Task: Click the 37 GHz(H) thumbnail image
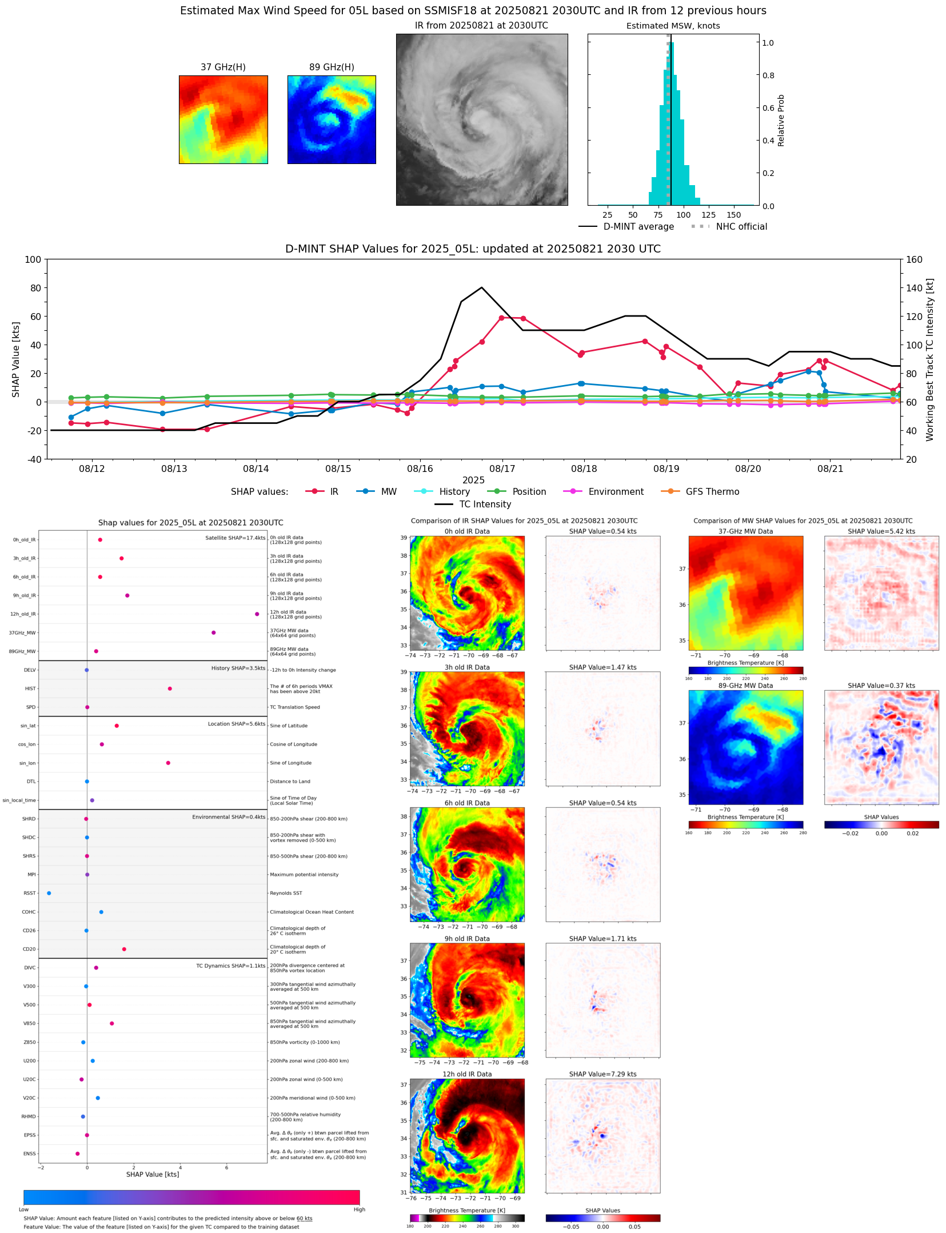(223, 119)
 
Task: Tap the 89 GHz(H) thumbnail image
(332, 119)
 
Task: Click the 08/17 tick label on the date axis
(502, 469)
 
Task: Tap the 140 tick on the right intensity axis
(914, 288)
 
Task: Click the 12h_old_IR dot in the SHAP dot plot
(257, 614)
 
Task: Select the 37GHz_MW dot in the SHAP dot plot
(213, 632)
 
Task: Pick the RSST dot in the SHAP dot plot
(49, 893)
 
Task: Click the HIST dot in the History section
(170, 688)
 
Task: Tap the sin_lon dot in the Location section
(168, 763)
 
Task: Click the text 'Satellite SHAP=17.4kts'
(235, 538)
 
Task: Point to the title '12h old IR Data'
(467, 1074)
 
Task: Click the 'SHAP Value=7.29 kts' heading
(602, 1074)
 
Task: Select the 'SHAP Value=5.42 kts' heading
(881, 531)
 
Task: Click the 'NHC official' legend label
(741, 226)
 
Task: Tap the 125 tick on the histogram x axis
(708, 215)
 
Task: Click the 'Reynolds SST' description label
(286, 893)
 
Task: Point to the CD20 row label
(29, 949)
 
